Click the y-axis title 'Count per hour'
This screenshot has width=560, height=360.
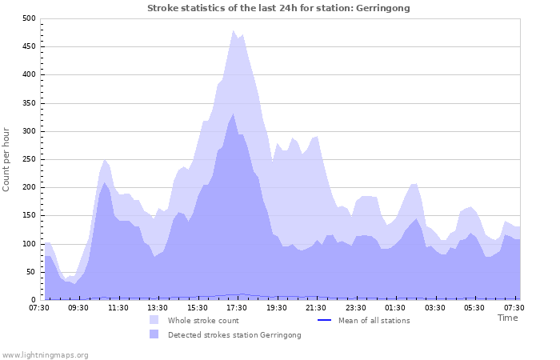pyautogui.click(x=7, y=158)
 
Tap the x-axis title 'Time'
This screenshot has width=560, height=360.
pyautogui.click(x=507, y=318)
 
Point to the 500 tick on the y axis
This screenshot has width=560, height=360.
pyautogui.click(x=29, y=18)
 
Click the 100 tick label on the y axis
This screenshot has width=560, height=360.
pyautogui.click(x=29, y=244)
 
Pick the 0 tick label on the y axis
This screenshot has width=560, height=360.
pyautogui.click(x=33, y=300)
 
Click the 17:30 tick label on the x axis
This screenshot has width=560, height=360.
pyautogui.click(x=236, y=307)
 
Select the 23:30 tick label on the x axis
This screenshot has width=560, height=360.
pyautogui.click(x=355, y=307)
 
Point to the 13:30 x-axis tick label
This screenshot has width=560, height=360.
pyautogui.click(x=158, y=307)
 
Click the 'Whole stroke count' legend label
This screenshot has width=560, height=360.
pyautogui.click(x=203, y=321)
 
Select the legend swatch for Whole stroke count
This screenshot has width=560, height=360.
pyautogui.click(x=154, y=321)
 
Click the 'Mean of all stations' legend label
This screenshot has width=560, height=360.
pyautogui.click(x=374, y=321)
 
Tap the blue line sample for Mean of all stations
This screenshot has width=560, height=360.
pyautogui.click(x=325, y=321)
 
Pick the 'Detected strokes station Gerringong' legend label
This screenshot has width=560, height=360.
pyautogui.click(x=234, y=335)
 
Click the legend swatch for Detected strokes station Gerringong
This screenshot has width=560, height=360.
pyautogui.click(x=154, y=335)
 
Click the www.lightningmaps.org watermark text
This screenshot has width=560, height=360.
pyautogui.click(x=45, y=354)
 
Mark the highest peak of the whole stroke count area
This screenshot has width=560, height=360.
pyautogui.click(x=234, y=30)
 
